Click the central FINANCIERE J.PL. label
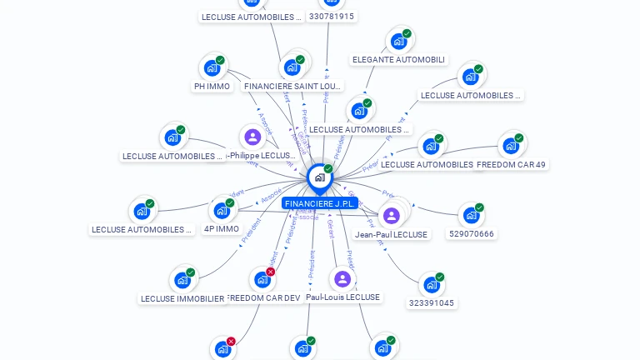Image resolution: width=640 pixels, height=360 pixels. (x=320, y=203)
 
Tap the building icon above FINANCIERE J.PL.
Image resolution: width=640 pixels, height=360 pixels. (x=319, y=177)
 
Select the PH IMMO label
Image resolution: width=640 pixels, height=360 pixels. (x=212, y=86)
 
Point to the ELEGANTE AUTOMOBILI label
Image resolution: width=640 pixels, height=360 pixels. (x=398, y=60)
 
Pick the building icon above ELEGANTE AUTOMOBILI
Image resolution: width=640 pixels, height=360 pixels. (x=399, y=41)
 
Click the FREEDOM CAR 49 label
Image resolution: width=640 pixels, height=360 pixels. (x=512, y=164)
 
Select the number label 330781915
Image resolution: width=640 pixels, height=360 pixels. (x=331, y=16)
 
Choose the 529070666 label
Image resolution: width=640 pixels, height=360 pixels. (x=472, y=234)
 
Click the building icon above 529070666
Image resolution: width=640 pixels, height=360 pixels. (x=472, y=215)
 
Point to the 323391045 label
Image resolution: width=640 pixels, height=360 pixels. (x=432, y=303)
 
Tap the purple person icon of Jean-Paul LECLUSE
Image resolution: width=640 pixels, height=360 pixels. (x=392, y=216)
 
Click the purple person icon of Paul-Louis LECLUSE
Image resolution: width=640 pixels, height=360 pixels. (x=342, y=279)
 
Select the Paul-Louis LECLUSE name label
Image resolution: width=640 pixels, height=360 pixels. (x=342, y=297)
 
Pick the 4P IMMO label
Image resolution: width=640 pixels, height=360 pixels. (x=222, y=228)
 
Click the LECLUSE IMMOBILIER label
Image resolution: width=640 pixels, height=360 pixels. (x=182, y=298)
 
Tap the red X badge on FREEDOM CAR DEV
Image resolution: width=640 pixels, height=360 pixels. (x=270, y=272)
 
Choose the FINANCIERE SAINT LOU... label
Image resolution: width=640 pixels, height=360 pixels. (x=292, y=86)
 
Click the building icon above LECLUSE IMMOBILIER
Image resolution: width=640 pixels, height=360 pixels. (x=182, y=280)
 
